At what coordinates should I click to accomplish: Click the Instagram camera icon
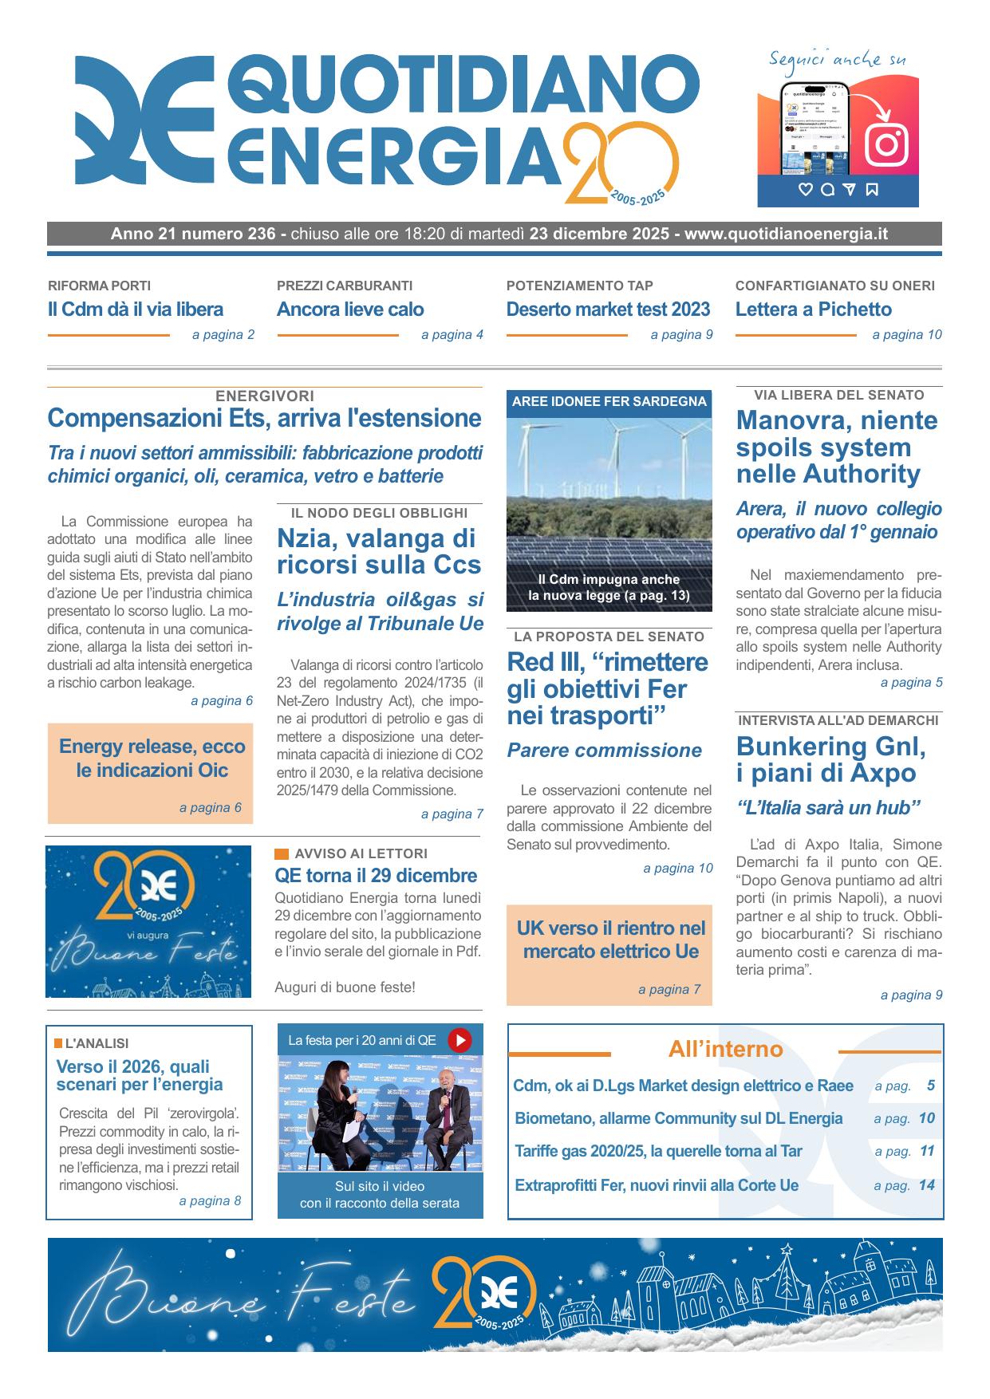pyautogui.click(x=886, y=144)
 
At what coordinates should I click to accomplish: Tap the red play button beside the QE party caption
pyautogui.click(x=460, y=1040)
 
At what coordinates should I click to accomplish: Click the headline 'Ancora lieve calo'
pyautogui.click(x=350, y=309)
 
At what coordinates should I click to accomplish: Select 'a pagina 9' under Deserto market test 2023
pyautogui.click(x=681, y=335)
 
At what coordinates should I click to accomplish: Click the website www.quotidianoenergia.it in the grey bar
pyautogui.click(x=786, y=234)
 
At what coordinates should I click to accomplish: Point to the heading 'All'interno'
pyautogui.click(x=725, y=1050)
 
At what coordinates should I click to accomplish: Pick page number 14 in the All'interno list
pyautogui.click(x=926, y=1185)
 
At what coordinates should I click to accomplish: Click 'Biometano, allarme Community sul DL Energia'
pyautogui.click(x=679, y=1118)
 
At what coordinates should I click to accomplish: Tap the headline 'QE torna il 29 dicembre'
pyautogui.click(x=376, y=875)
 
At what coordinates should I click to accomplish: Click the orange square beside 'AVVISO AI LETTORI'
pyautogui.click(x=282, y=853)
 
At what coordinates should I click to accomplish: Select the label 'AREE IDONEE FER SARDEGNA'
pyautogui.click(x=609, y=402)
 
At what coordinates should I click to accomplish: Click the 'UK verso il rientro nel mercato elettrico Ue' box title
pyautogui.click(x=611, y=940)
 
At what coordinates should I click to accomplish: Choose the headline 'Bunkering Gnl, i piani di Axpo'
pyautogui.click(x=831, y=759)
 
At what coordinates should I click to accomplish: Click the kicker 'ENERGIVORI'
pyautogui.click(x=265, y=396)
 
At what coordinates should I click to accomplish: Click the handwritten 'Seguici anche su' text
pyautogui.click(x=837, y=60)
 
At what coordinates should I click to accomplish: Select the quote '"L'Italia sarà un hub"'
pyautogui.click(x=828, y=808)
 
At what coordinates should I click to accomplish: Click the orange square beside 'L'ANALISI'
pyautogui.click(x=58, y=1043)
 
